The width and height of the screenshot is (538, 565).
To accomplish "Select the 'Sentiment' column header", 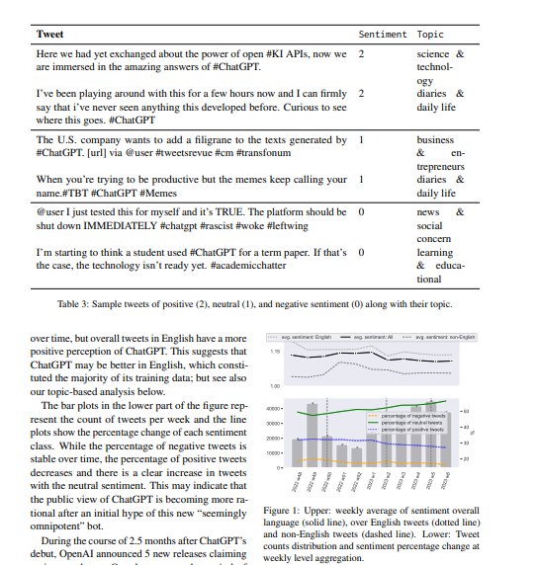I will pyautogui.click(x=382, y=34).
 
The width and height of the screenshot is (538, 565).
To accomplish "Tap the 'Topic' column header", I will pyautogui.click(x=430, y=34).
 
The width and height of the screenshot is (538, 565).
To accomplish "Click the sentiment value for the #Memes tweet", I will pyautogui.click(x=361, y=180).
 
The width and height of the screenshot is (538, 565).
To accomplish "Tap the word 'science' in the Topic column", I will pyautogui.click(x=433, y=54).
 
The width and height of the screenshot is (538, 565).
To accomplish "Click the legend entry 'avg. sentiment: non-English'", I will pyautogui.click(x=445, y=336).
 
